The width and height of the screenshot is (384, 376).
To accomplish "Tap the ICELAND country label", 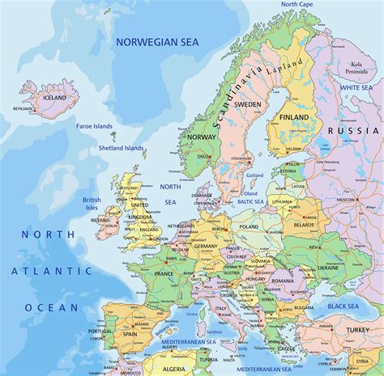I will point(54,98).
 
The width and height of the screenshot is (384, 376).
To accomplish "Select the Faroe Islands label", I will point(96,126).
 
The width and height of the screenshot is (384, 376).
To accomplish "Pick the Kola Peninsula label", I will point(356,67).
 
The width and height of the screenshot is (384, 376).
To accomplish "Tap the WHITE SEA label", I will point(356,87).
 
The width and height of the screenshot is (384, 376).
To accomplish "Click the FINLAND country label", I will point(295,117).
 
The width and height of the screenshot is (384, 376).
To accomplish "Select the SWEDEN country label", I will point(248,104).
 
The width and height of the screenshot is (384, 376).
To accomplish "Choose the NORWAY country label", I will point(202,137).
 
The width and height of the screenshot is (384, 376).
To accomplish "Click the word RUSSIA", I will point(353,130).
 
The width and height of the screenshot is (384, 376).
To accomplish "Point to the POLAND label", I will point(249,227).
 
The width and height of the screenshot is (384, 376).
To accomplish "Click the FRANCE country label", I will point(164,274).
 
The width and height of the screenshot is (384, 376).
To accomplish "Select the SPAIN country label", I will point(130,333).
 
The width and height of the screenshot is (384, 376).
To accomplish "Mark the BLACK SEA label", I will point(343,306).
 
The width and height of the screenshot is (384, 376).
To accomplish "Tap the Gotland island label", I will point(254,175).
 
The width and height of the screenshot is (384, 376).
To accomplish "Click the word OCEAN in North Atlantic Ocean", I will point(51,307).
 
